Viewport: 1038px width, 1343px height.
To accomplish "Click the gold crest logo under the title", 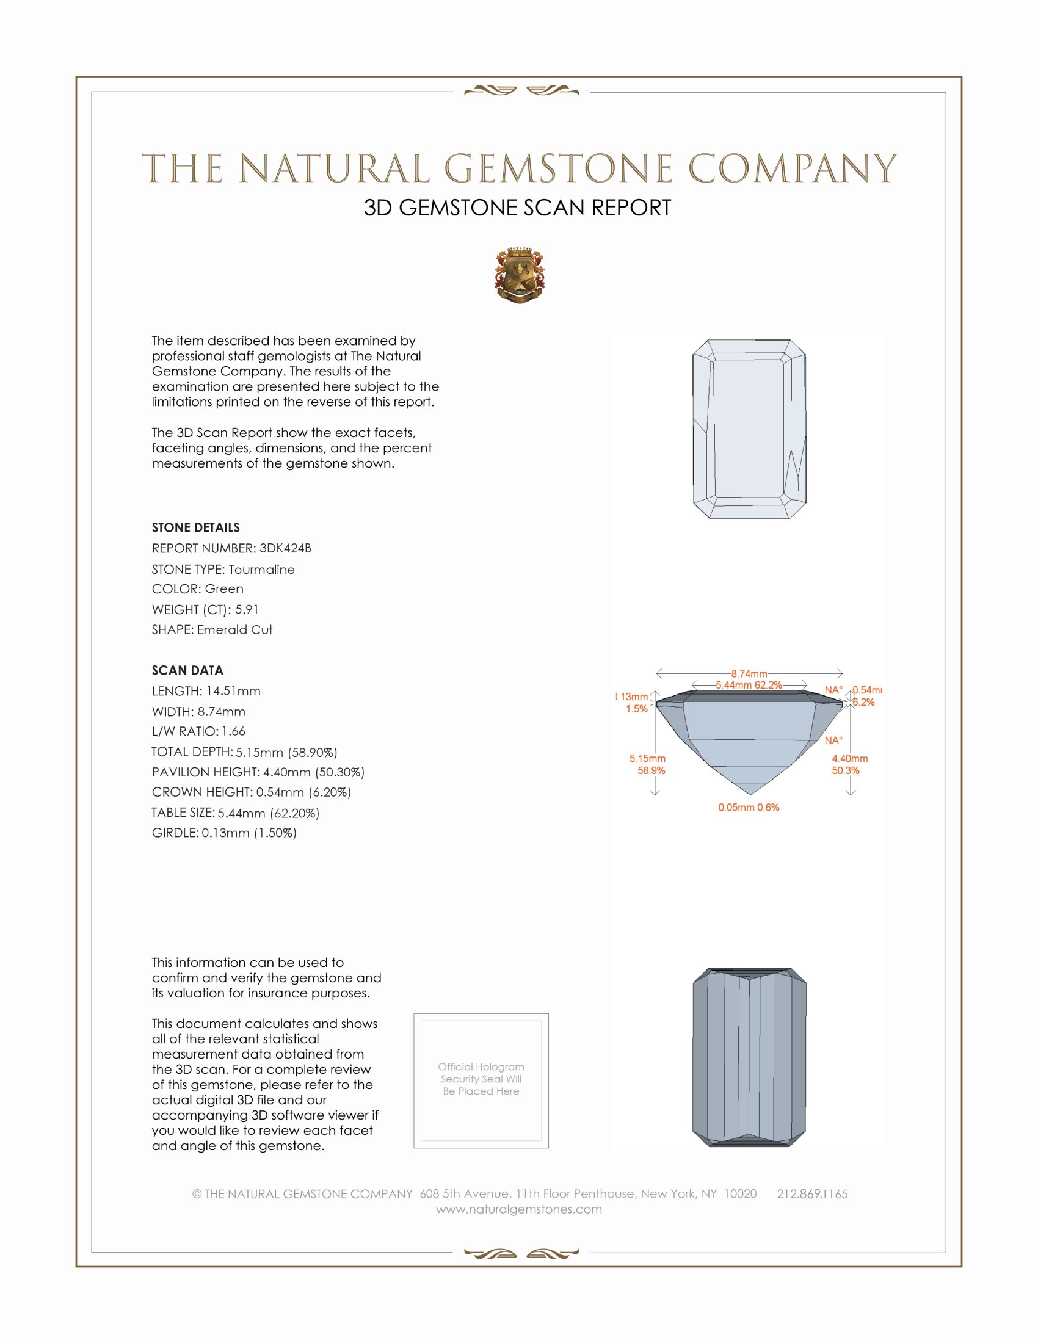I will (x=519, y=275).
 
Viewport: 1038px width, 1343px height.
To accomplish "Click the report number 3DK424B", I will (x=285, y=548).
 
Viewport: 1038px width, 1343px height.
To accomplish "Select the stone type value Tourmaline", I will (x=261, y=570).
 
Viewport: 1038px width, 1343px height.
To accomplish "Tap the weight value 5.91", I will (x=247, y=609).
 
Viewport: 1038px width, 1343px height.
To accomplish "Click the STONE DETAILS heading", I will (x=195, y=527).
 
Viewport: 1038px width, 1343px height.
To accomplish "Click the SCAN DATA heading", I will (x=187, y=670).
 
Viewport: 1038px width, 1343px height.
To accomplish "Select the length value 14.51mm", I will (x=230, y=691).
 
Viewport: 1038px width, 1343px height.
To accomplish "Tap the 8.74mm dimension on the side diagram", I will (x=749, y=673).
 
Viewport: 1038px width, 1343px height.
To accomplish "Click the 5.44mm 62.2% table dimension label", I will (x=749, y=685).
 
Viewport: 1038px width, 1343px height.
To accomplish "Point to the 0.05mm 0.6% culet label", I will (x=749, y=808).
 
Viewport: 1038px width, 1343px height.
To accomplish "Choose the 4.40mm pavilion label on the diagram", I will (x=850, y=759).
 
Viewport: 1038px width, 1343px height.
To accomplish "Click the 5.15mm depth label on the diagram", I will (x=647, y=759).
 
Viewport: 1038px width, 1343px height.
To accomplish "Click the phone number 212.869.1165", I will (x=811, y=1193).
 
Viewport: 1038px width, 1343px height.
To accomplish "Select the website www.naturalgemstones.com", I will (x=519, y=1209).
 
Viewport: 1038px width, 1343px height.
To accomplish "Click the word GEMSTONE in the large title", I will (x=558, y=169).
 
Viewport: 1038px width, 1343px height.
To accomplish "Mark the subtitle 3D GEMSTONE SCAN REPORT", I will (x=517, y=208).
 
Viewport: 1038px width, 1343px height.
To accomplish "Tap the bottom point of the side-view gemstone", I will (x=750, y=793).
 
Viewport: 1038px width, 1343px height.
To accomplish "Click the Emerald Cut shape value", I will (x=235, y=630).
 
